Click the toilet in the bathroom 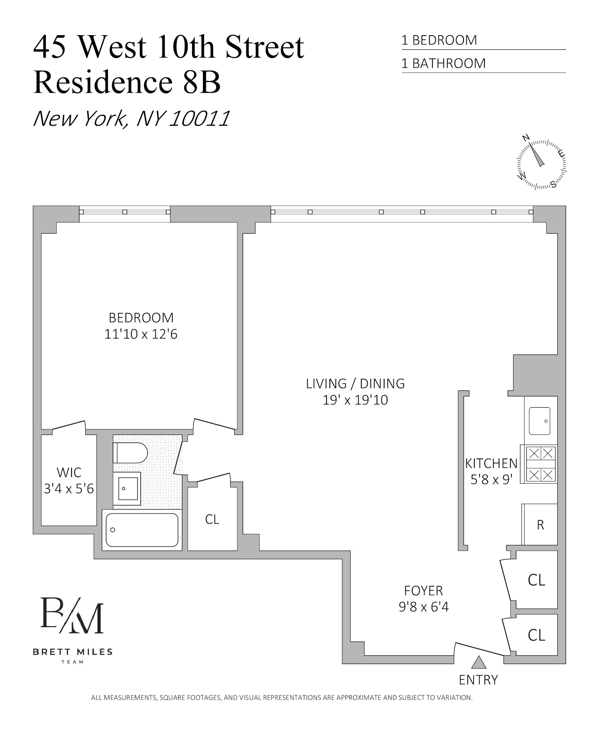point(130,453)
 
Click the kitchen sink point(539,421)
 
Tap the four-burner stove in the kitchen point(541,464)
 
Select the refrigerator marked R point(540,525)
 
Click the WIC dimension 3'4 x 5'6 point(69,489)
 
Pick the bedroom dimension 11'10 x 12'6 point(141,334)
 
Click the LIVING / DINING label point(355,384)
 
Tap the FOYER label point(423,591)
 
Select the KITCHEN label point(491,463)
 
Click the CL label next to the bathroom point(212,519)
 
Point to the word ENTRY point(478,680)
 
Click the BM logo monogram point(72,616)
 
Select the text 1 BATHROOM point(443,63)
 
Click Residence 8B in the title point(127,82)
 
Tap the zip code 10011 point(199,119)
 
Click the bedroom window point(125,212)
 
